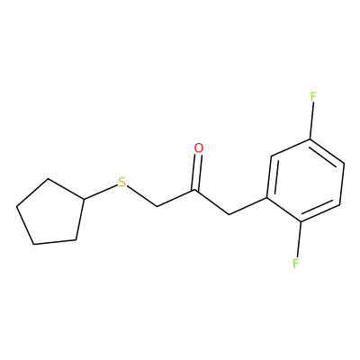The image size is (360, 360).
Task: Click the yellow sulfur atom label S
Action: coord(121,183)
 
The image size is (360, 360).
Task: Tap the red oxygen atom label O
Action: coord(199,148)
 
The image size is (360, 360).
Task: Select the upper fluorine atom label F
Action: coord(313,97)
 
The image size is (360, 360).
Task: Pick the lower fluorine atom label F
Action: coord(296,264)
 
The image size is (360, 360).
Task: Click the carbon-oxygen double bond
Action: coord(197,172)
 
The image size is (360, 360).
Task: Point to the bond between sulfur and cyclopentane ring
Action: coord(100,193)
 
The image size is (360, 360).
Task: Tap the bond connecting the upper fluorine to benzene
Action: coord(311,121)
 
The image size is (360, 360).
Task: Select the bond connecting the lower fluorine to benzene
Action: coord(299,239)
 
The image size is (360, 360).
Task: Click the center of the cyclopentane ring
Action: coord(51,214)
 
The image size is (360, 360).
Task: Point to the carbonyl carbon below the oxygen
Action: coord(195,190)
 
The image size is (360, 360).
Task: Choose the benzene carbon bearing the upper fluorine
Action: coord(310,139)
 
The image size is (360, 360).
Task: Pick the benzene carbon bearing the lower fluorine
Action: coord(301,222)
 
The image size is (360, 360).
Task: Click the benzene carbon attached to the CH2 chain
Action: coord(266,197)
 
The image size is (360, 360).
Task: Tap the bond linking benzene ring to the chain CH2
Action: coord(247,206)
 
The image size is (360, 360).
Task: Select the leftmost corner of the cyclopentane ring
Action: coord(16,206)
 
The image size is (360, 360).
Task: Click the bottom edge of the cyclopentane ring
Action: coord(55,242)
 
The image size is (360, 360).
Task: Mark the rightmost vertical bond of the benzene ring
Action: coord(342,184)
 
